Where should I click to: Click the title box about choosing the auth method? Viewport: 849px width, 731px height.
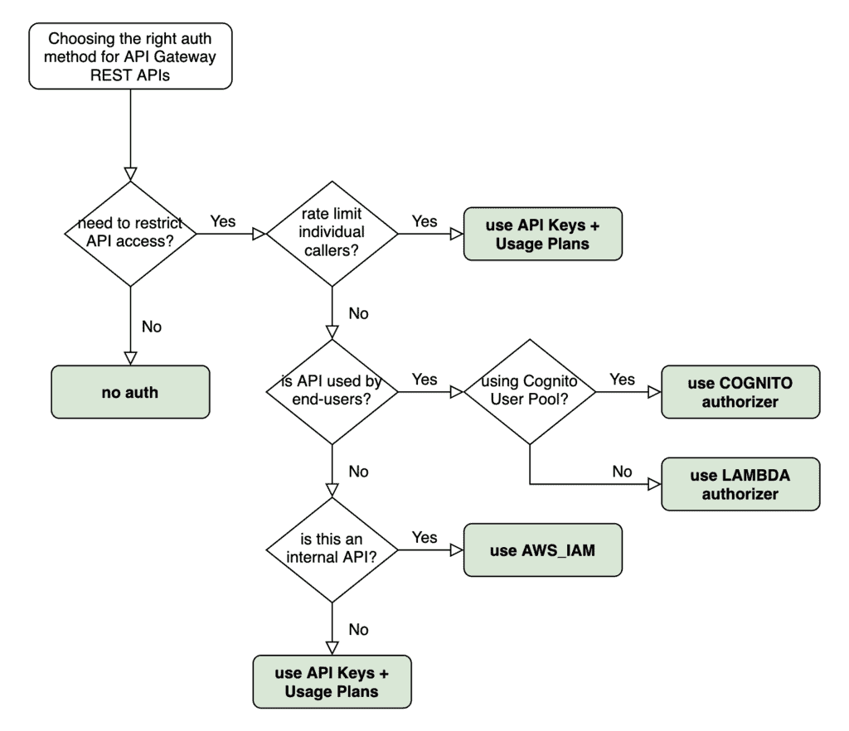pyautogui.click(x=130, y=56)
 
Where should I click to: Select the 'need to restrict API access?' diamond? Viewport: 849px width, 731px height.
pyautogui.click(x=130, y=235)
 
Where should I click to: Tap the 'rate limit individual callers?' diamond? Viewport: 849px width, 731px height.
pyautogui.click(x=331, y=235)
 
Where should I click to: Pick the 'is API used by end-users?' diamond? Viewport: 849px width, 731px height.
pyautogui.click(x=331, y=392)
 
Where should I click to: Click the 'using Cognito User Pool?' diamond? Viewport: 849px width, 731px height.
pyautogui.click(x=529, y=392)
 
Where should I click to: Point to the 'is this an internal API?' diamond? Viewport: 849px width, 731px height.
pyautogui.click(x=331, y=549)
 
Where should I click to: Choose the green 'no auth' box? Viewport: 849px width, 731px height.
pyautogui.click(x=130, y=392)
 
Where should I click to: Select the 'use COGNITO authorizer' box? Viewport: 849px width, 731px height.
pyautogui.click(x=740, y=392)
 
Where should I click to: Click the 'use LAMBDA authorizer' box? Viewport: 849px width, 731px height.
pyautogui.click(x=740, y=484)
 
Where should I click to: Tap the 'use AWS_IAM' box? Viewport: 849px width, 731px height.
pyautogui.click(x=542, y=549)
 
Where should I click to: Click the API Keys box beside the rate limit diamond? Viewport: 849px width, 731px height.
pyautogui.click(x=542, y=235)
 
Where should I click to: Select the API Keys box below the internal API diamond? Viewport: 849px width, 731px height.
pyautogui.click(x=331, y=681)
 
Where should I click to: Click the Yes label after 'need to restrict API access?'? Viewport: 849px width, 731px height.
pyautogui.click(x=222, y=221)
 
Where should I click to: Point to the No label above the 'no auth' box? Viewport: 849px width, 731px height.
pyautogui.click(x=152, y=327)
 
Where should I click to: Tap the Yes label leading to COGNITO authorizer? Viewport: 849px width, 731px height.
pyautogui.click(x=622, y=380)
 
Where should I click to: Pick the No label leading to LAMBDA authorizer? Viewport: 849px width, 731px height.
pyautogui.click(x=622, y=472)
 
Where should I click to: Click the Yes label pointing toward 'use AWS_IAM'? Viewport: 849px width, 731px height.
pyautogui.click(x=424, y=537)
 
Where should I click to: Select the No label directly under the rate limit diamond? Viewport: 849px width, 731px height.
pyautogui.click(x=358, y=314)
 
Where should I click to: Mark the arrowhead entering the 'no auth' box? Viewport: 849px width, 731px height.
pyautogui.click(x=130, y=357)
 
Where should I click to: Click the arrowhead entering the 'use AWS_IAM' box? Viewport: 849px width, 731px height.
pyautogui.click(x=456, y=549)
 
